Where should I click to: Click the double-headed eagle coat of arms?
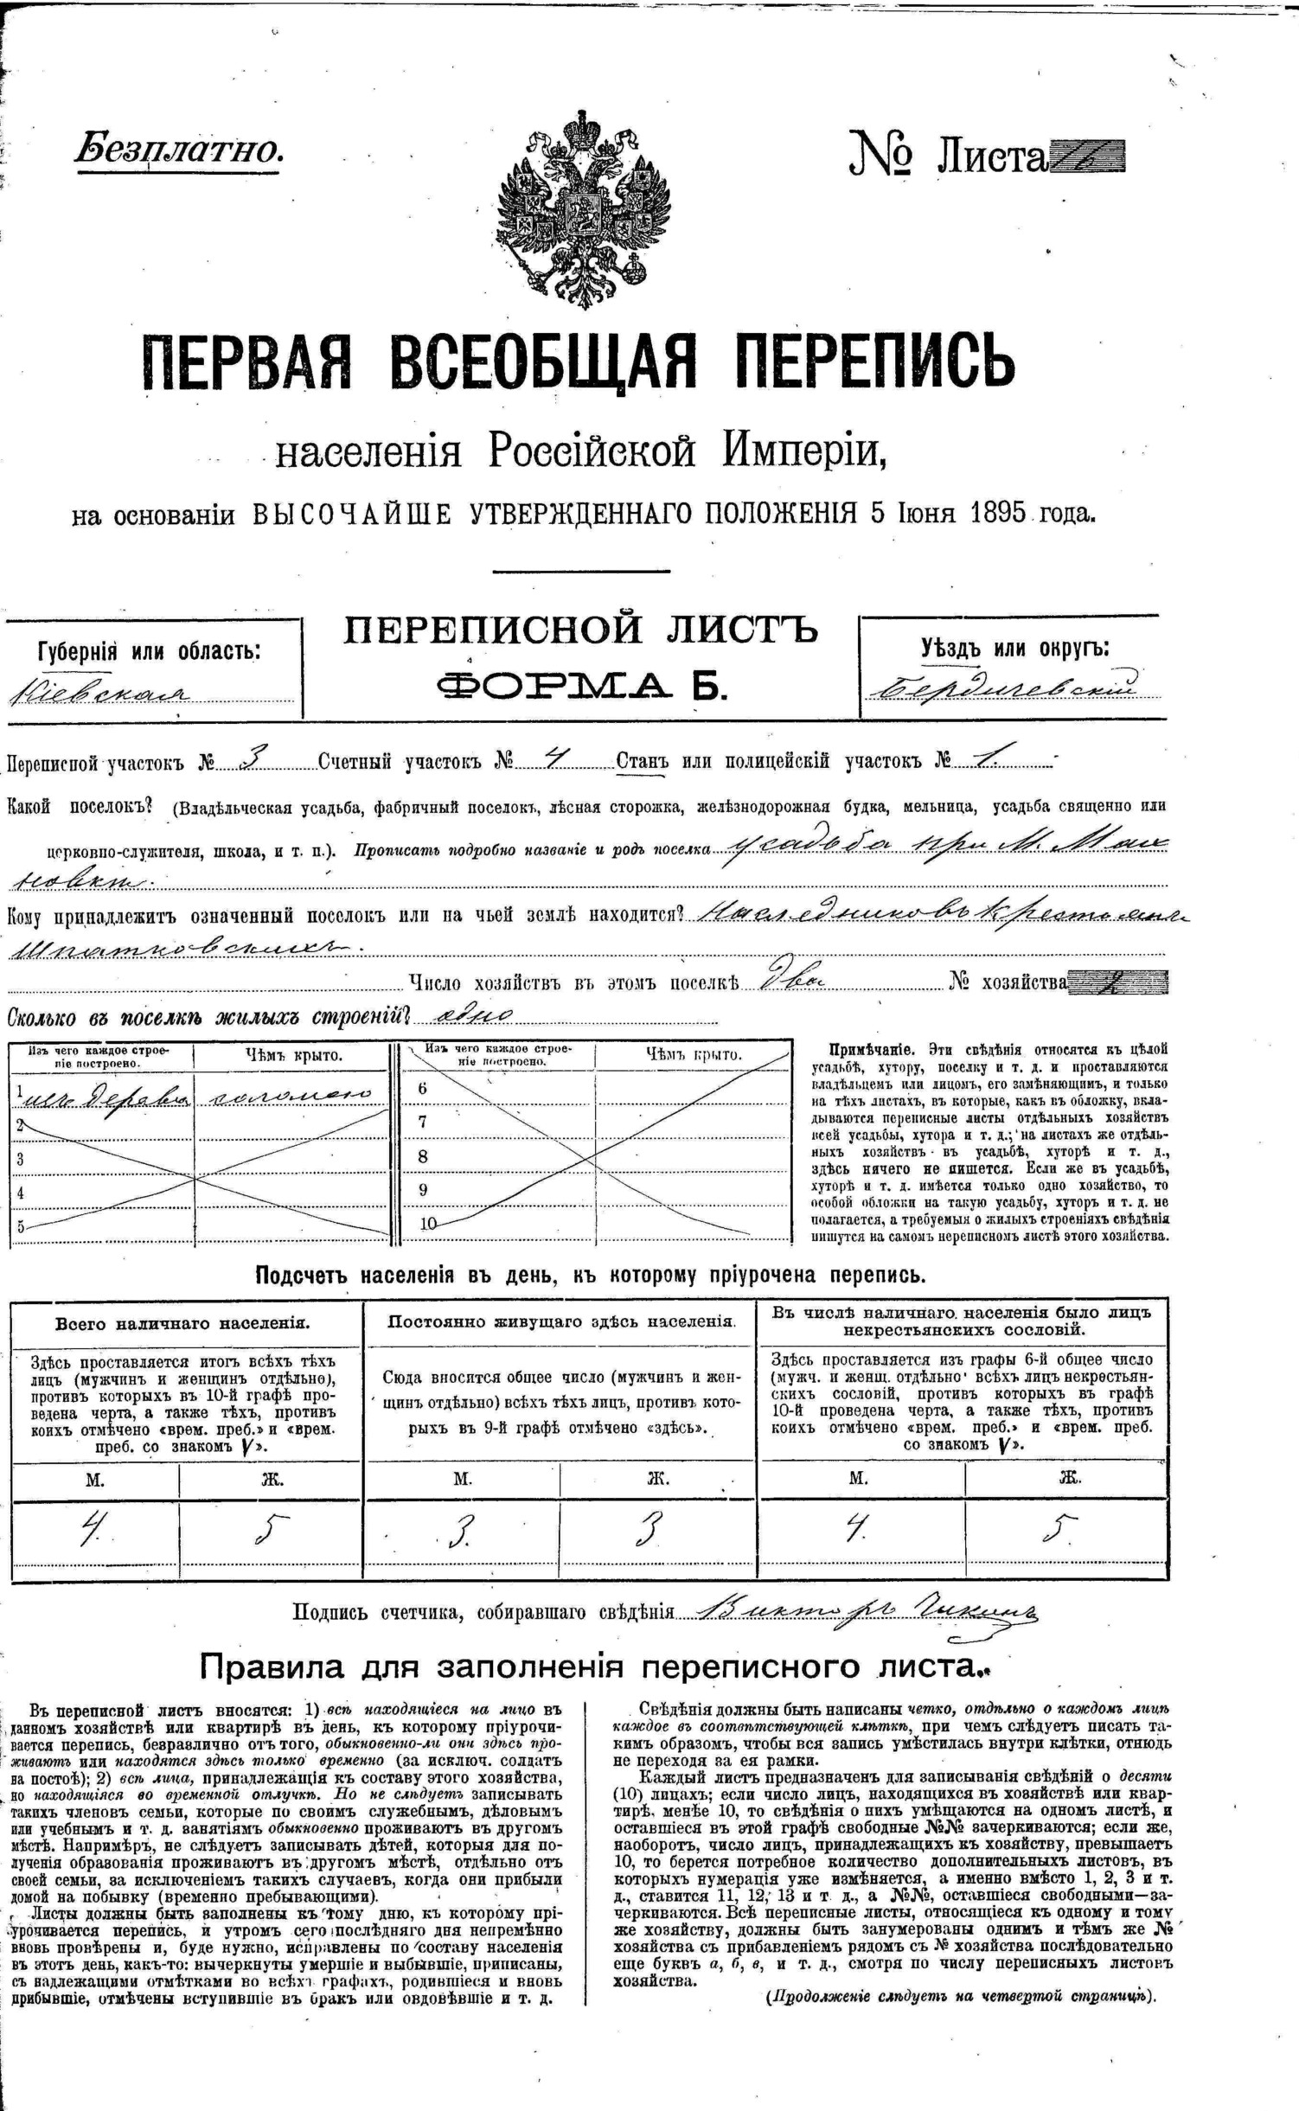tap(584, 210)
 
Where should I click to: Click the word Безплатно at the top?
tap(179, 150)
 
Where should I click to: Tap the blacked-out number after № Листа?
tap(1087, 157)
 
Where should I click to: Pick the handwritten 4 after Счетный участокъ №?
tap(554, 758)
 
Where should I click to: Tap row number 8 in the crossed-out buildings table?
tap(423, 1156)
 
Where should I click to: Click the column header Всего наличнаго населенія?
tap(182, 1323)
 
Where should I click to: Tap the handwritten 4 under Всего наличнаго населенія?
tap(90, 1532)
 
